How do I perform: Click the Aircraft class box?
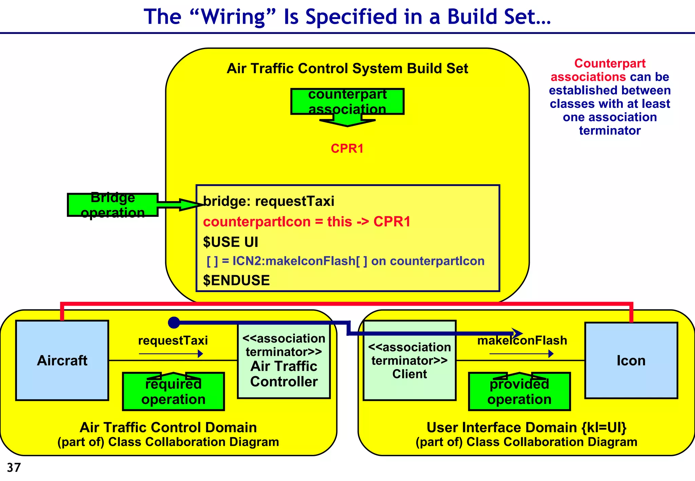pos(62,360)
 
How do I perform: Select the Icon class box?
pos(631,360)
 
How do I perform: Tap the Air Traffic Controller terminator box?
pos(284,361)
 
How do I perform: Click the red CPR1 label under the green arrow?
pos(347,149)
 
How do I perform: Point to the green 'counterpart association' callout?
pos(347,102)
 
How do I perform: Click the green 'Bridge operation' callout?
pos(113,205)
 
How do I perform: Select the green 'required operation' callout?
pos(173,392)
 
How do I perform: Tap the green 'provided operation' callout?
pos(519,392)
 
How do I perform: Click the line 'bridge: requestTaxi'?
pos(268,201)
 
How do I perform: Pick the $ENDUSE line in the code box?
pos(236,281)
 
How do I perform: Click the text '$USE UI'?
pos(230,242)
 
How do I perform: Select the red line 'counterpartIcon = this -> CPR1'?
pos(306,222)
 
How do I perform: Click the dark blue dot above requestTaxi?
pos(174,323)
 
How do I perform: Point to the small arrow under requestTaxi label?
pos(171,354)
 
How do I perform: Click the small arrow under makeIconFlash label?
pos(521,354)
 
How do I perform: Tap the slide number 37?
pos(14,467)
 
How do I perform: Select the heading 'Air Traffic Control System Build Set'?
pos(347,69)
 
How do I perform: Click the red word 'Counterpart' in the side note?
pos(609,63)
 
